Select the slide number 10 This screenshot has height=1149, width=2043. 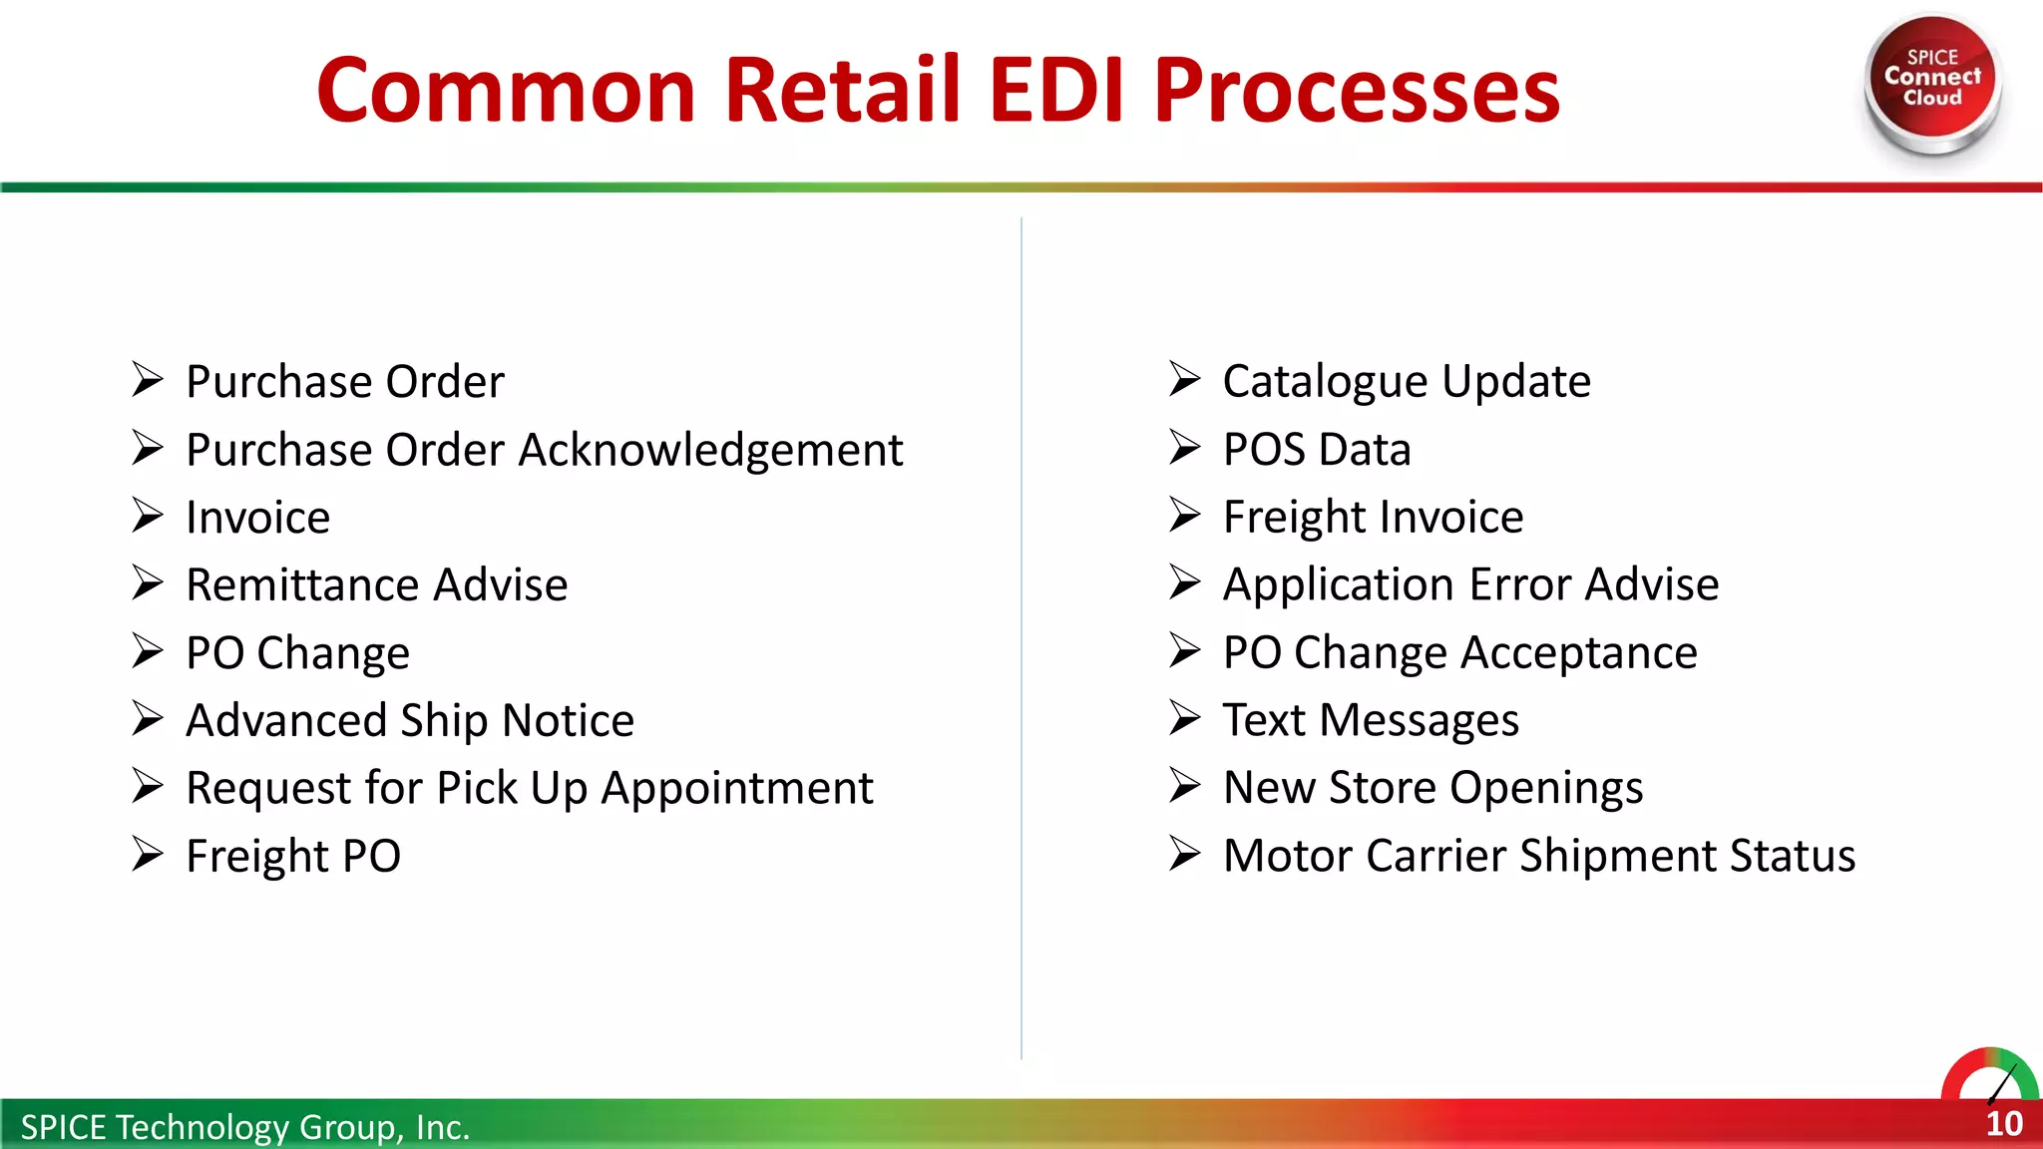click(x=2003, y=1124)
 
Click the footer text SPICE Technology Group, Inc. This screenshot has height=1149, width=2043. click(x=244, y=1127)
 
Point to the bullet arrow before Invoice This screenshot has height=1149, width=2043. click(x=148, y=516)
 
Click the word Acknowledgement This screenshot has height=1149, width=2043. click(x=710, y=450)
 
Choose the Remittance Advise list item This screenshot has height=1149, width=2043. click(x=376, y=584)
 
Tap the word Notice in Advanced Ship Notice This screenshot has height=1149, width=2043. click(x=568, y=720)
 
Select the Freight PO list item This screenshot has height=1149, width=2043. click(x=293, y=856)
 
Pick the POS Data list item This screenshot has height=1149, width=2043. click(x=1316, y=450)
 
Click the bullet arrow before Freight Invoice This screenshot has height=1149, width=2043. click(x=1184, y=515)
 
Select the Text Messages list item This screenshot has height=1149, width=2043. click(x=1370, y=720)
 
